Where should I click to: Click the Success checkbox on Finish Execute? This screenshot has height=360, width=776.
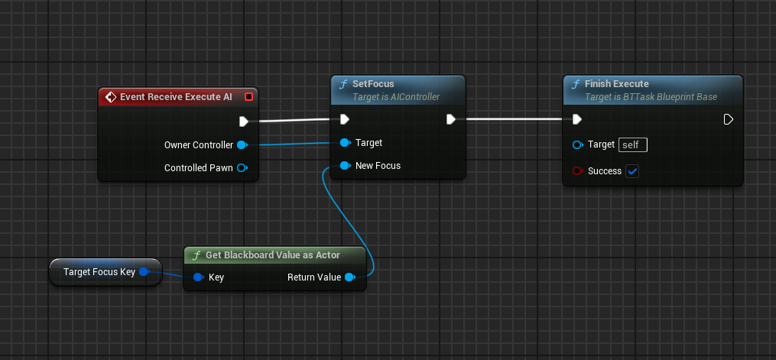coord(632,171)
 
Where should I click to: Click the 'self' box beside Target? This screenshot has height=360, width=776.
coord(633,145)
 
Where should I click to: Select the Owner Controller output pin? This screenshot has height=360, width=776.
coord(242,145)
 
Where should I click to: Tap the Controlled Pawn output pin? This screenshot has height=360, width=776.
coord(242,167)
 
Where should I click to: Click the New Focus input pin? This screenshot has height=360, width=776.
coord(346,166)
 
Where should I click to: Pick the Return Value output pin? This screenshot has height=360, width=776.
coord(350,277)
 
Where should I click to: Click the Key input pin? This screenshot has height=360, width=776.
coord(199,277)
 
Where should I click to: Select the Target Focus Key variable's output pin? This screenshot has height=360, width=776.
coord(144,272)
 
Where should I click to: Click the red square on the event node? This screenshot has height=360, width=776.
coord(249,97)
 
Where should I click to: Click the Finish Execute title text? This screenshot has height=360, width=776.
coord(617,84)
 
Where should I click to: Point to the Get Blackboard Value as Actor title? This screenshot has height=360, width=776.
coord(273,255)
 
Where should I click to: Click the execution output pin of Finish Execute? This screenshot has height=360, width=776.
coord(728,119)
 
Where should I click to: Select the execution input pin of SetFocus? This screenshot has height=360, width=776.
coord(345,119)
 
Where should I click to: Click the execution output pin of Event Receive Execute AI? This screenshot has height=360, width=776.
coord(243,122)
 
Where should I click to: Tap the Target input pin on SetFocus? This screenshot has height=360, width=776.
coord(346,143)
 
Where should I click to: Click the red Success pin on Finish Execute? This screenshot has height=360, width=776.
coord(577,171)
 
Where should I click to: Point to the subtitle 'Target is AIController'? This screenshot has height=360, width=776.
coord(396,97)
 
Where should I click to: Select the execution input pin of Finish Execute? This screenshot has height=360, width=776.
coord(577,119)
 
